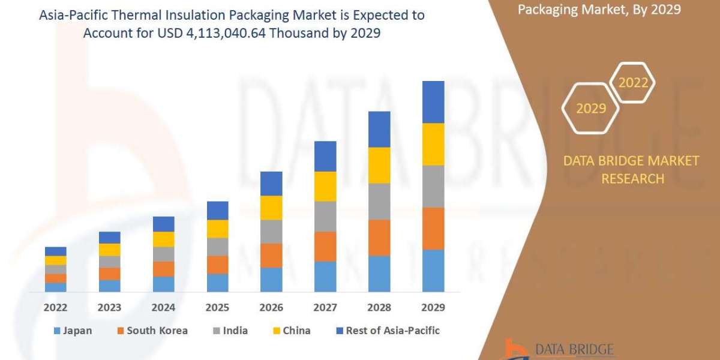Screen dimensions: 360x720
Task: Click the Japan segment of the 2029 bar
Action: click(433, 271)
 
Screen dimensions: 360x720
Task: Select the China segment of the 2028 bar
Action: click(379, 165)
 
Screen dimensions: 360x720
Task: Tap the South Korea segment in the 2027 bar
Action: click(325, 246)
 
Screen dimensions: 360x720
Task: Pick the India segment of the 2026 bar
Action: click(271, 231)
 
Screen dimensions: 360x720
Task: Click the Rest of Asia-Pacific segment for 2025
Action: click(217, 210)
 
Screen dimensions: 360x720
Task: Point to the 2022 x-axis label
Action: click(55, 307)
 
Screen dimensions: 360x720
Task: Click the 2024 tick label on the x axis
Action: click(163, 307)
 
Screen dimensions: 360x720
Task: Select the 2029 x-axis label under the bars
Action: click(433, 307)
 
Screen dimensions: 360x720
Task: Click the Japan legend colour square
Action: click(57, 331)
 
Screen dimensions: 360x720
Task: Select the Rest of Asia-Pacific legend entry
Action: click(384, 331)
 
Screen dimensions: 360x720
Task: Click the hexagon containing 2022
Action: click(633, 83)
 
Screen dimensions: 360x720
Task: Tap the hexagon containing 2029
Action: click(590, 109)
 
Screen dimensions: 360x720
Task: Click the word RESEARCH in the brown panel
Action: click(632, 178)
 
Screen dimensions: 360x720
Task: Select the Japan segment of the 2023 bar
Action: click(109, 286)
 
